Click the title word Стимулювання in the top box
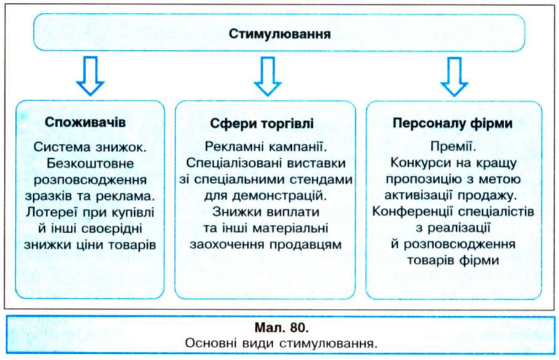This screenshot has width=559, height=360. [279, 34]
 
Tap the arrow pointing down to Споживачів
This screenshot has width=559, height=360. [90, 76]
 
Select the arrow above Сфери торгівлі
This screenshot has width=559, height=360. [268, 76]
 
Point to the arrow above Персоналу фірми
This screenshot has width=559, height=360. [454, 76]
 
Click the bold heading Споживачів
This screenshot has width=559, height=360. [85, 122]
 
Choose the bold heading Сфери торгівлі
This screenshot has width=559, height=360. [262, 124]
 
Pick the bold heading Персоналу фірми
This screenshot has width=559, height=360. [452, 123]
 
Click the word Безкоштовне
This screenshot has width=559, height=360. [90, 164]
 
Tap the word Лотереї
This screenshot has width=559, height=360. [51, 212]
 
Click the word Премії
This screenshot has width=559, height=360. [452, 146]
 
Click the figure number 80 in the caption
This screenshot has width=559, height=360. [296, 327]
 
